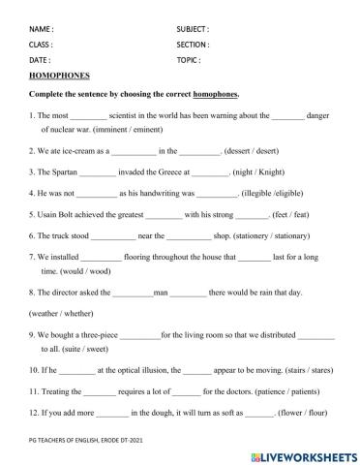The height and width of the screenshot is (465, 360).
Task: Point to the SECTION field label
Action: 194,45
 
